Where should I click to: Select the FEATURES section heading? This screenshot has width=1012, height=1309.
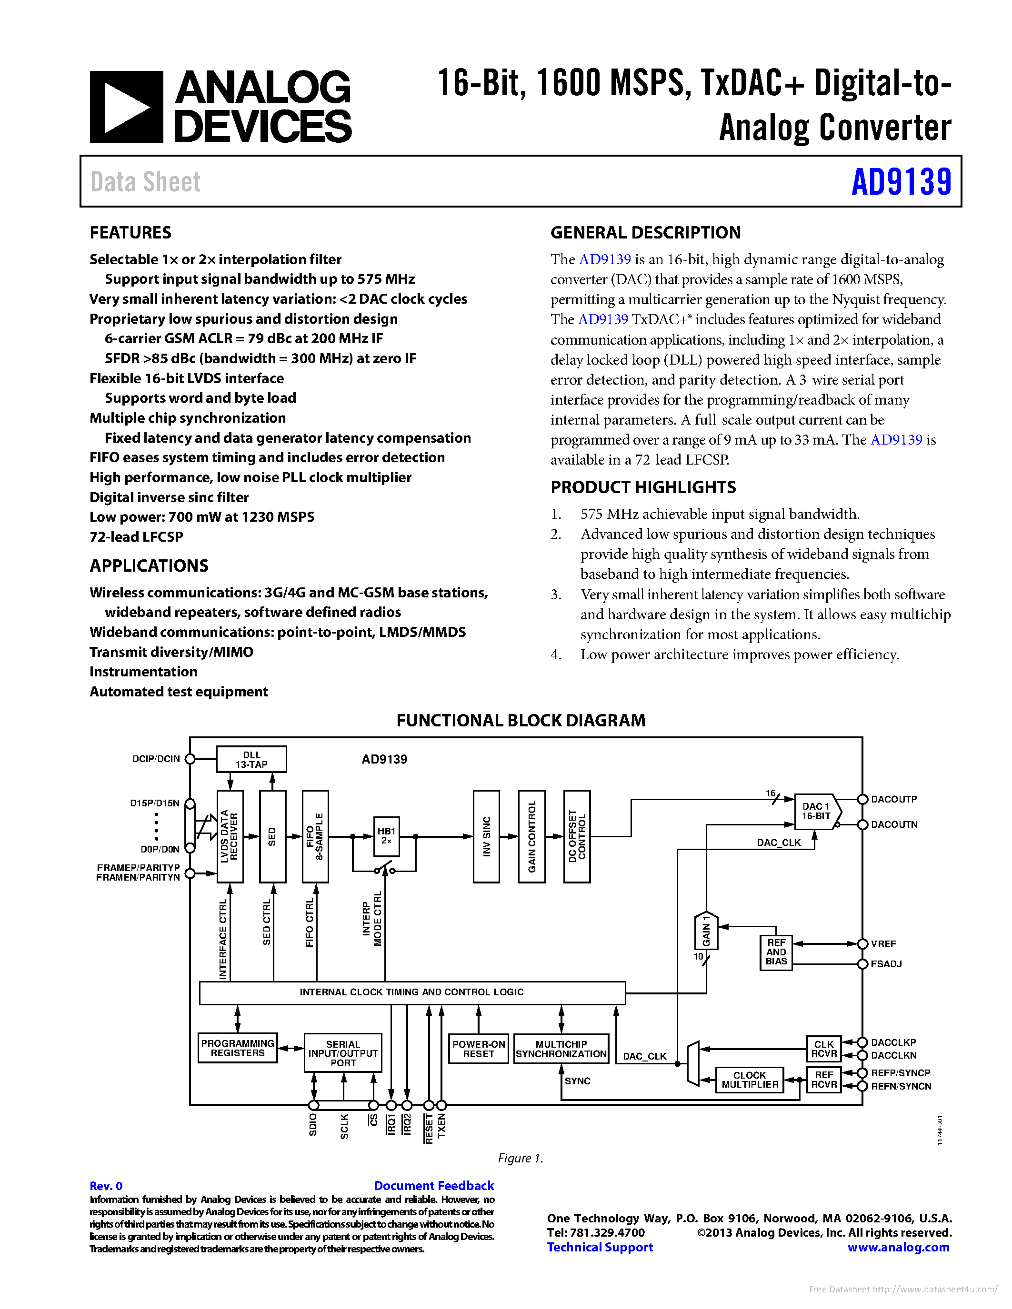(130, 233)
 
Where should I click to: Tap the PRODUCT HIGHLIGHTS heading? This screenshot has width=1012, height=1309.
(643, 487)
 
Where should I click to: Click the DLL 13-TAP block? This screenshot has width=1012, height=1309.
(251, 759)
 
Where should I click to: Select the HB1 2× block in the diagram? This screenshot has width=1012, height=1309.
(386, 835)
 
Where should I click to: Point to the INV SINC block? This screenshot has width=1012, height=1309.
(486, 836)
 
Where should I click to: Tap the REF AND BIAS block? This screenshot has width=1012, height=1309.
(776, 952)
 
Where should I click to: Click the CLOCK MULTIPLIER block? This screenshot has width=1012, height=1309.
(750, 1080)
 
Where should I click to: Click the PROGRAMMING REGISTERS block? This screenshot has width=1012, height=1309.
(238, 1048)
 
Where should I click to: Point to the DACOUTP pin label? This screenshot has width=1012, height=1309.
(893, 799)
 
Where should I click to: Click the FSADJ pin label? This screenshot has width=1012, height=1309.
(886, 964)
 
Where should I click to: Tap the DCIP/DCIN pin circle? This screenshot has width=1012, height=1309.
(190, 759)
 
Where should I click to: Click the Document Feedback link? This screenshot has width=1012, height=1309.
(433, 1186)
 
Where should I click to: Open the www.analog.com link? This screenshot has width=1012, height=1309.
(898, 1247)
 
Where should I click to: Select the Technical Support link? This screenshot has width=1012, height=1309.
(600, 1247)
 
